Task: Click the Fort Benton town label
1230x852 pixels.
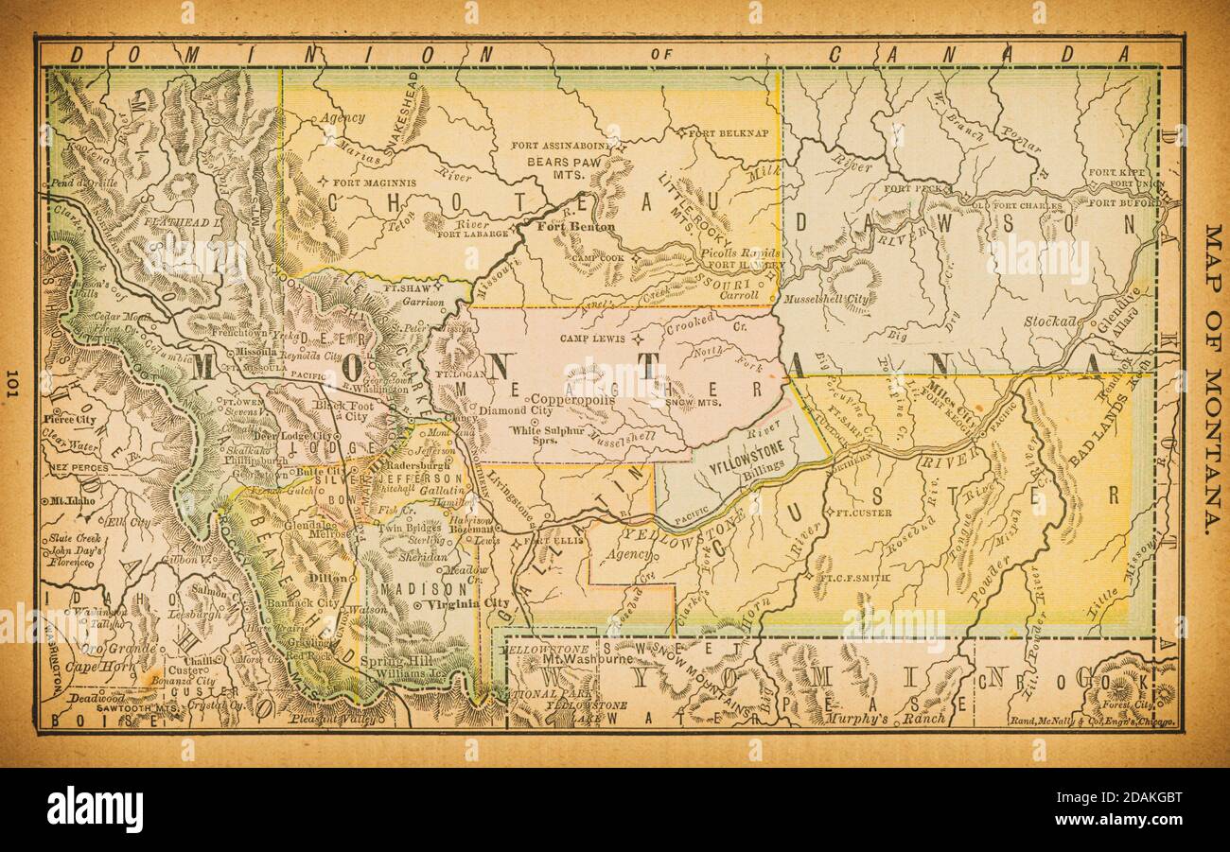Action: [575, 227]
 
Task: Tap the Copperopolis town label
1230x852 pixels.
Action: [572, 400]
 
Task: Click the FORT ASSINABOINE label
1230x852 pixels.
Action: [562, 146]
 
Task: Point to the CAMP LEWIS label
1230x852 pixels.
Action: [595, 338]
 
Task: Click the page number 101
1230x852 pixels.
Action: [12, 383]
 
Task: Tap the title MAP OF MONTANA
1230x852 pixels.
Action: [1212, 378]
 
